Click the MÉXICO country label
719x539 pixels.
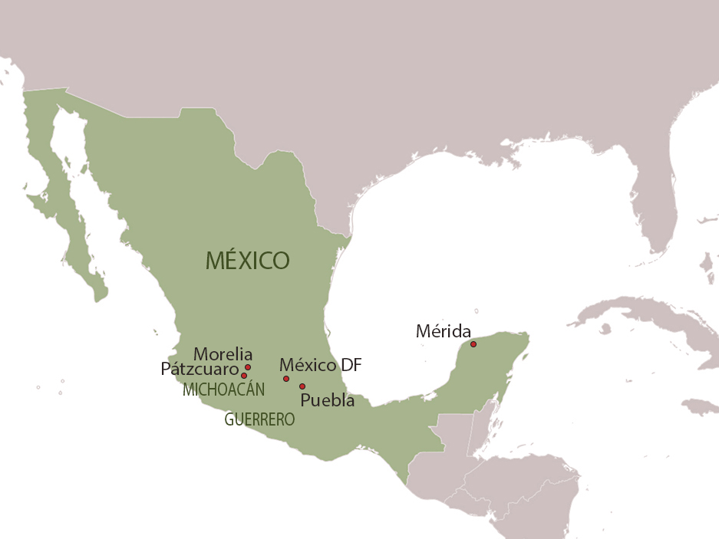pyautogui.click(x=247, y=261)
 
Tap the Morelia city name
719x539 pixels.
pyautogui.click(x=223, y=354)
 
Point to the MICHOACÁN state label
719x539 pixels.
pyautogui.click(x=223, y=389)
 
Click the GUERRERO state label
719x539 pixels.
pyautogui.click(x=259, y=420)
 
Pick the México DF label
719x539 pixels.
pyautogui.click(x=320, y=365)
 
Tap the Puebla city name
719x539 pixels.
pyautogui.click(x=328, y=399)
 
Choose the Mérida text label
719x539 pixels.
pyautogui.click(x=444, y=331)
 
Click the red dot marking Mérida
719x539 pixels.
pyautogui.click(x=473, y=344)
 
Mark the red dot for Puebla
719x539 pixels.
pyautogui.click(x=302, y=386)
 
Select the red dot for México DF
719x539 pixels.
pyautogui.click(x=286, y=379)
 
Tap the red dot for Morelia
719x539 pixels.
pyautogui.click(x=248, y=367)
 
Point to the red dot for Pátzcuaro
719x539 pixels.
pyautogui.click(x=244, y=376)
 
